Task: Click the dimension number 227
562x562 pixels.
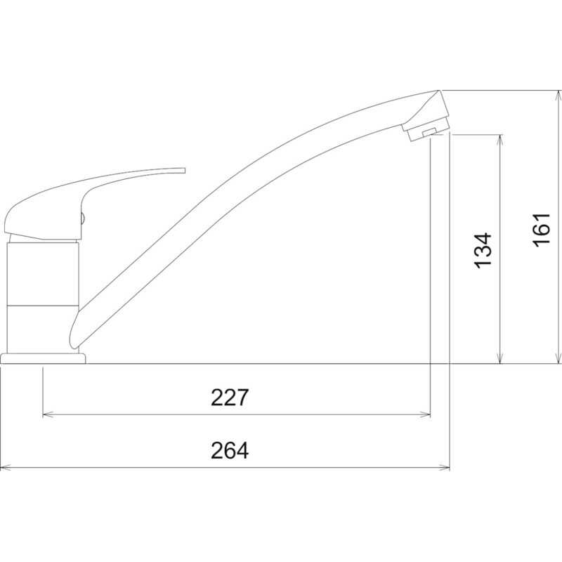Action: pyautogui.click(x=230, y=397)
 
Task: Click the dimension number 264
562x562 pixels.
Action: pyautogui.click(x=230, y=450)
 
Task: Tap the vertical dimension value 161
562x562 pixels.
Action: pyautogui.click(x=541, y=230)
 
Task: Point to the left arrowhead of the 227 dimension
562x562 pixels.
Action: pyautogui.click(x=48, y=414)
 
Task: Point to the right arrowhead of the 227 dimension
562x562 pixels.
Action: pyautogui.click(x=425, y=414)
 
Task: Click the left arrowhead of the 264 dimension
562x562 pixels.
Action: pyautogui.click(x=6, y=467)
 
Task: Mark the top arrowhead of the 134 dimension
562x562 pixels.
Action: pyautogui.click(x=499, y=140)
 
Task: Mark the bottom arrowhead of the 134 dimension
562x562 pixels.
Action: pyautogui.click(x=499, y=358)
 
